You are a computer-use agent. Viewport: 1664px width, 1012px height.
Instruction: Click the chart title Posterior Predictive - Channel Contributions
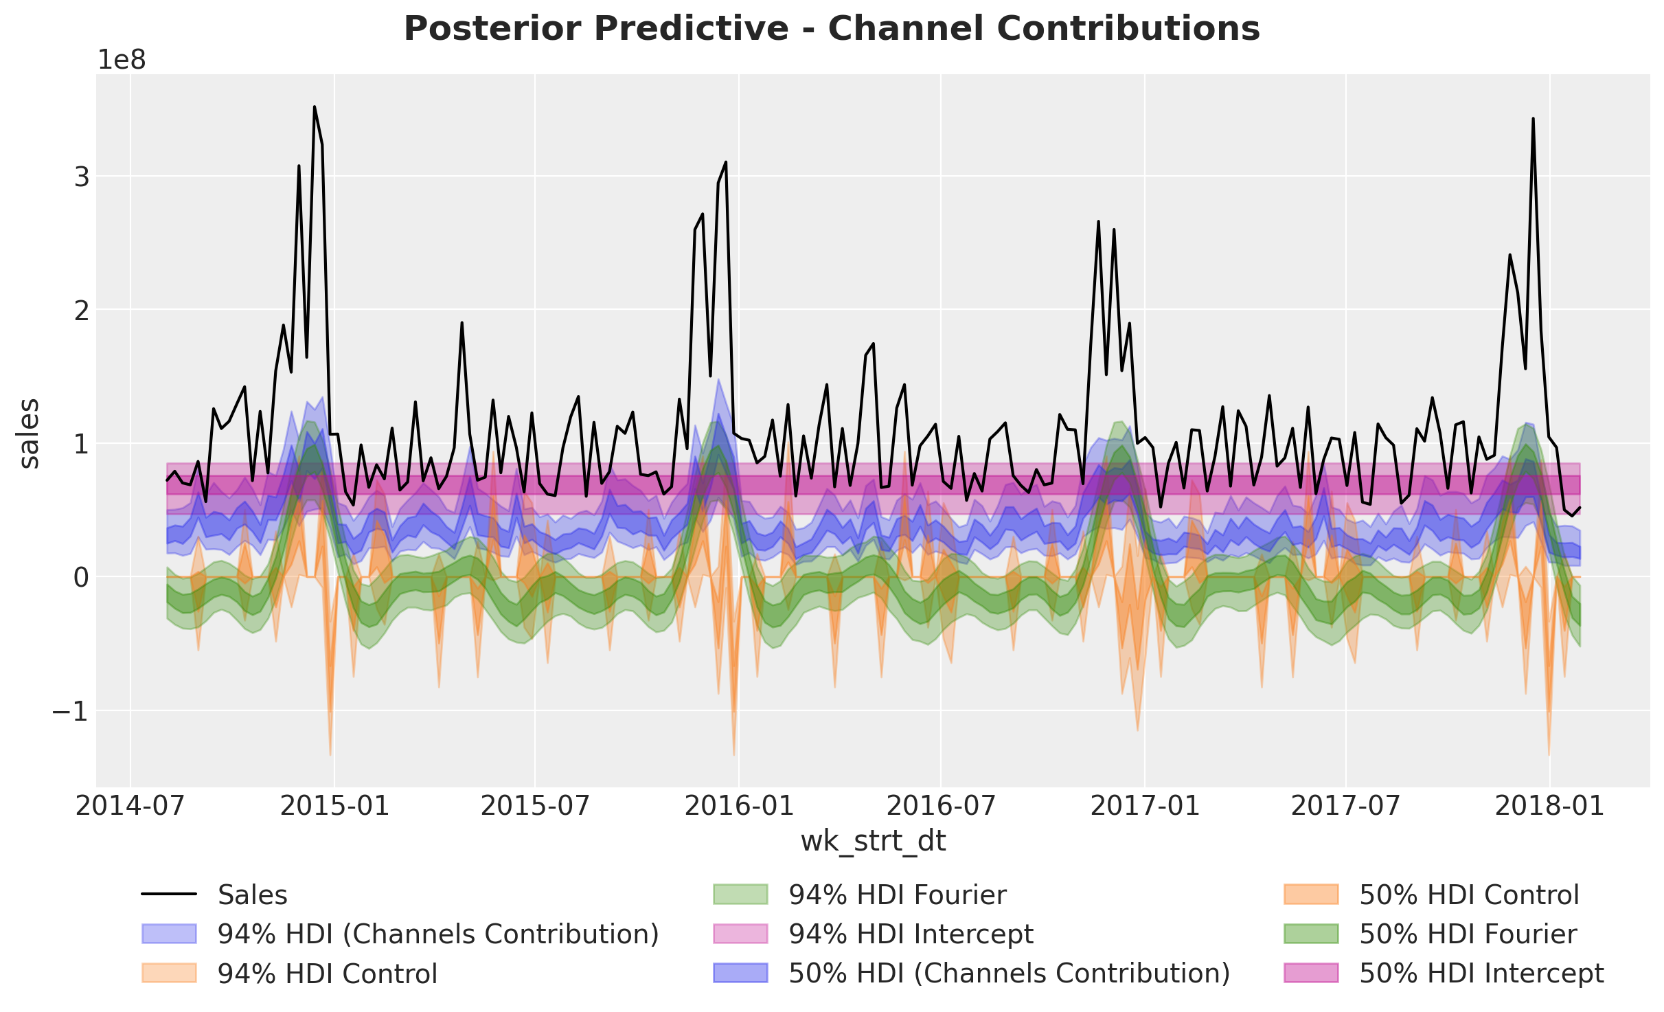832,29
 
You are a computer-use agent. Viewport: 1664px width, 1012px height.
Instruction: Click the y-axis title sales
29,434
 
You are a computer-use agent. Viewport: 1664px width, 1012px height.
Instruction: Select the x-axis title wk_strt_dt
873,841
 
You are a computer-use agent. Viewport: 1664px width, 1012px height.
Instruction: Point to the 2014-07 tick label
130,805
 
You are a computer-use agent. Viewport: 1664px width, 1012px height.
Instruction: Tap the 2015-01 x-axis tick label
334,805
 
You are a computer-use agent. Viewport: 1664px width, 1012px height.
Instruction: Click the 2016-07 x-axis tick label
940,805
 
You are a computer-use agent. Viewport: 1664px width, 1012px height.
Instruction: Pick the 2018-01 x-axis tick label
1550,805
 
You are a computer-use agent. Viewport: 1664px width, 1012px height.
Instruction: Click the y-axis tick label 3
82,177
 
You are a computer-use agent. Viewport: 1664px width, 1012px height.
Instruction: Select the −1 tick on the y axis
71,711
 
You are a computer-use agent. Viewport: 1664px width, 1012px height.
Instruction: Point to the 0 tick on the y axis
82,578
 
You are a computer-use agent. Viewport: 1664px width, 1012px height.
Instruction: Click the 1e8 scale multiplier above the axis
122,60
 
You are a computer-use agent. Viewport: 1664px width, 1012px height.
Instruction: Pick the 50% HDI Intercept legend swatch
1311,974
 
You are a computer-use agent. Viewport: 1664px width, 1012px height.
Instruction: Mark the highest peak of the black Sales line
314,106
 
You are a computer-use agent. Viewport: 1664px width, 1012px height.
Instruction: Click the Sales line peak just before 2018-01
1533,118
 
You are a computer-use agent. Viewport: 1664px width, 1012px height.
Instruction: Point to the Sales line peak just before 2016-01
726,162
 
